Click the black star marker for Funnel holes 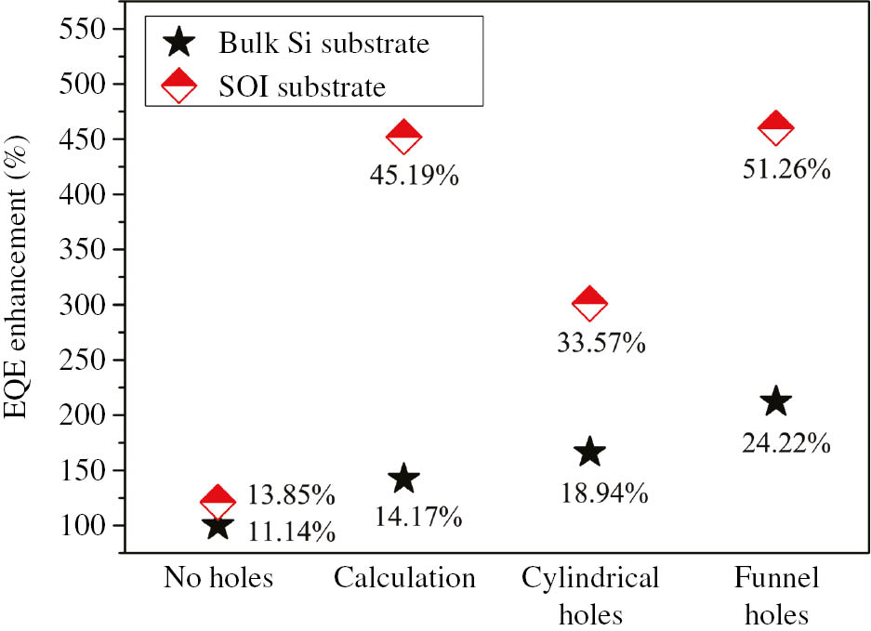click(x=775, y=401)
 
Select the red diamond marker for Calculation click(x=403, y=136)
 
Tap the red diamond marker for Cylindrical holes click(x=589, y=301)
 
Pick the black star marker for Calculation click(x=403, y=479)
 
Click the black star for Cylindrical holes click(x=589, y=453)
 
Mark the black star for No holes click(x=218, y=526)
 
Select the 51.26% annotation click(x=785, y=169)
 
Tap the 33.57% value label click(x=599, y=342)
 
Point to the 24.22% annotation click(x=785, y=442)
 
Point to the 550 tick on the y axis click(x=80, y=29)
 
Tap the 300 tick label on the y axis click(x=80, y=305)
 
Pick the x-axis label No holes click(x=218, y=579)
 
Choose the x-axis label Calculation click(x=404, y=579)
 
